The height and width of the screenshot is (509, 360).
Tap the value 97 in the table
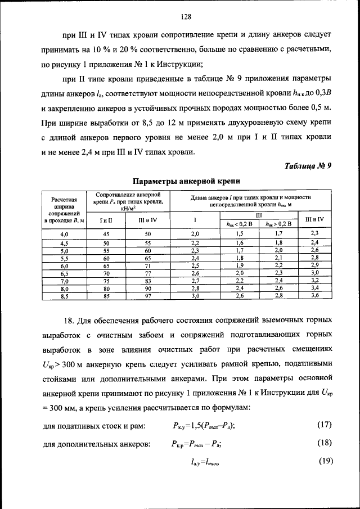click(x=148, y=295)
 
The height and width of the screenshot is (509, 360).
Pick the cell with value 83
click(x=148, y=280)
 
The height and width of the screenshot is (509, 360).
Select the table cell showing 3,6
click(x=314, y=295)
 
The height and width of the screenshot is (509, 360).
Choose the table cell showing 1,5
click(x=239, y=233)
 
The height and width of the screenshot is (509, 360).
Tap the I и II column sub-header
click(x=106, y=219)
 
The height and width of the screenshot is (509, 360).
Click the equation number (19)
click(x=325, y=462)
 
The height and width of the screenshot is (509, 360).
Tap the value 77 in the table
click(x=148, y=272)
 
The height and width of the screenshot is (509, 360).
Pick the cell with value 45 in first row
click(x=106, y=233)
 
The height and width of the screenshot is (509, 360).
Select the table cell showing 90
click(x=148, y=287)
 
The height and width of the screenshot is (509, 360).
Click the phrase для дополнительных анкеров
click(x=96, y=444)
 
